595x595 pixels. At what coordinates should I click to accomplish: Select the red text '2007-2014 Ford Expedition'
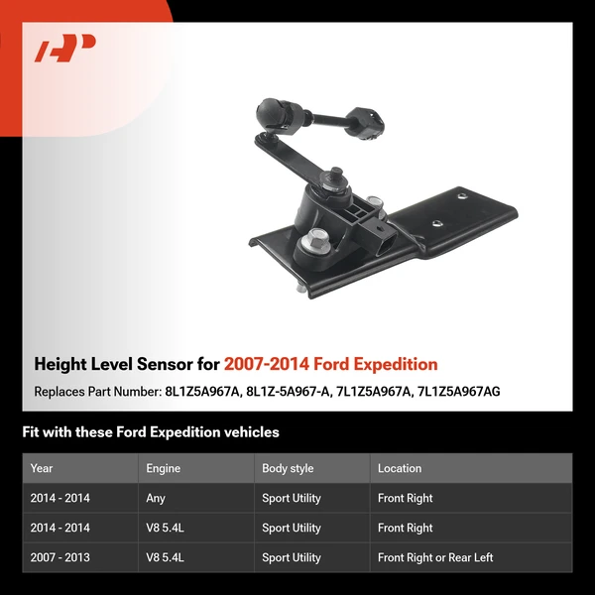coord(330,365)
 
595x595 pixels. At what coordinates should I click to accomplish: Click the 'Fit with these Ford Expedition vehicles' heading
coord(151,432)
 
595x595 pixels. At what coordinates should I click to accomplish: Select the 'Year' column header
coord(42,468)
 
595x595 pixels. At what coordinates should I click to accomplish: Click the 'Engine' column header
coord(164,468)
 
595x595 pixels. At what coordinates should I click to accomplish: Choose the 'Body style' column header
coord(288,468)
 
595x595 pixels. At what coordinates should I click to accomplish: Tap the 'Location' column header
coord(400,468)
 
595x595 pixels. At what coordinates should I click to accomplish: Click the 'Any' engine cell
coord(156,498)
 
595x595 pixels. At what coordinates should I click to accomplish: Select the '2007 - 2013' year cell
coord(60,557)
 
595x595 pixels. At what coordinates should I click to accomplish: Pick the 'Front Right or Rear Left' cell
coord(435,557)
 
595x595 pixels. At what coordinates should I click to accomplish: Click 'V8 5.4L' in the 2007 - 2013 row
coord(165,557)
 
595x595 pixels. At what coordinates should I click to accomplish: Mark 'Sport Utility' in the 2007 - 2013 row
coord(292,557)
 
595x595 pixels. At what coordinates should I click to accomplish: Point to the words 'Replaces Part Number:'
coord(96,392)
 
